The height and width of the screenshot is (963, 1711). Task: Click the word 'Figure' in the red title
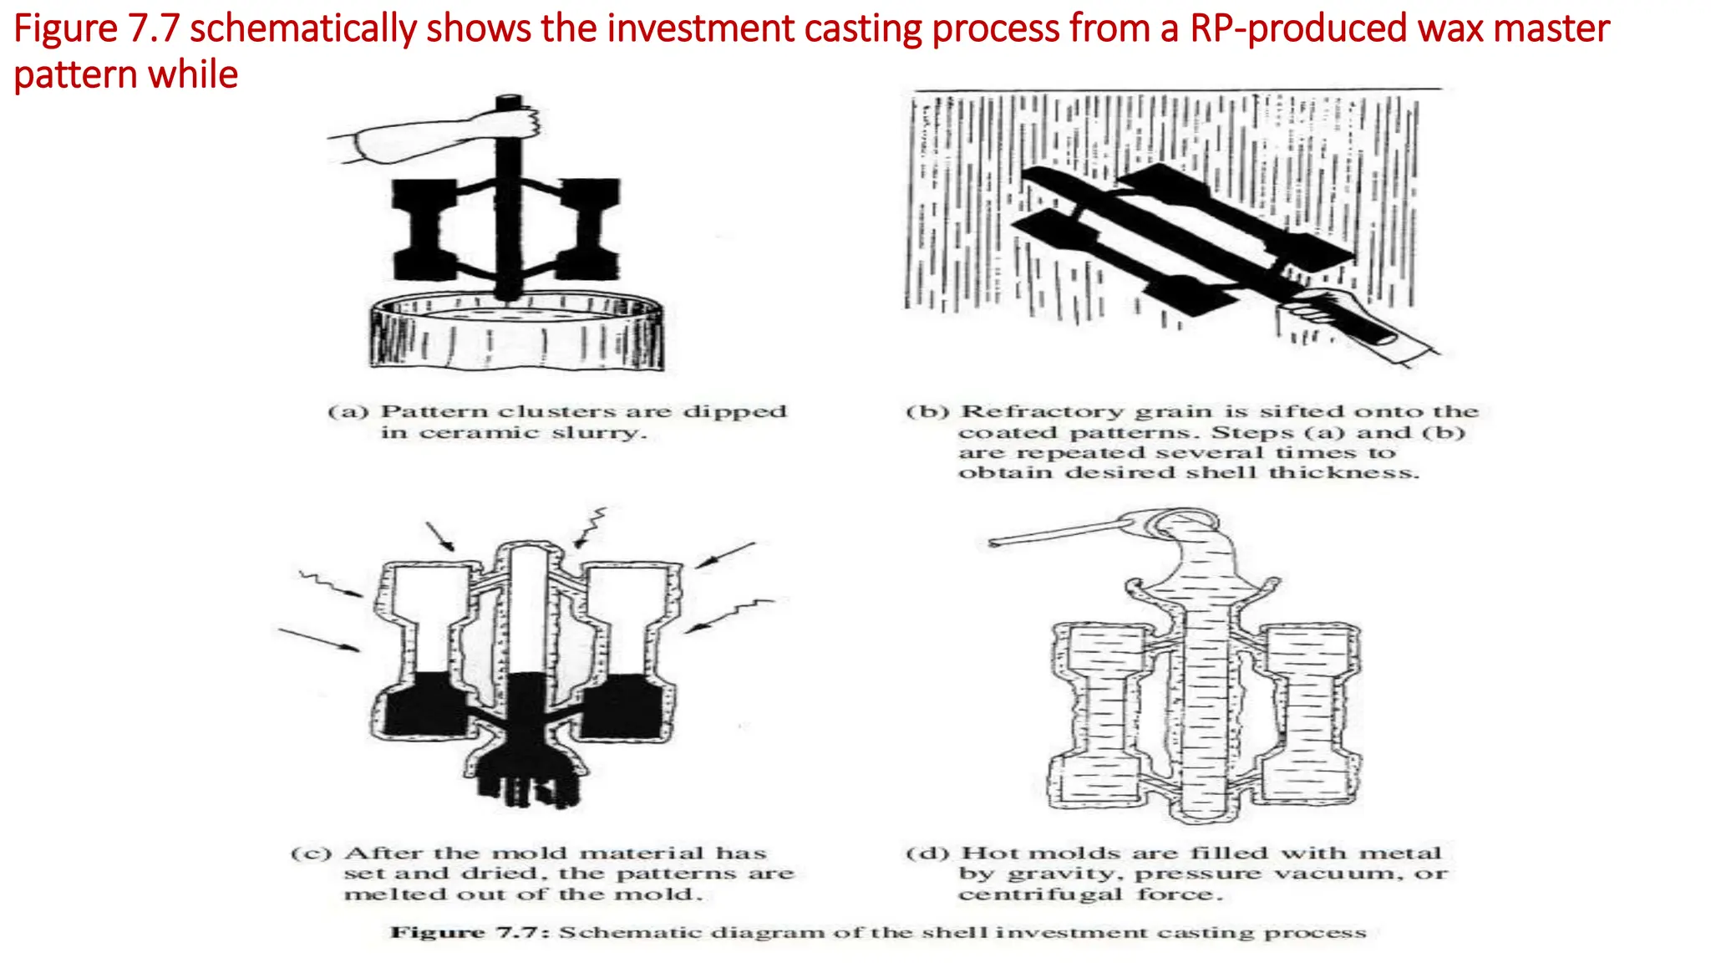[66, 29]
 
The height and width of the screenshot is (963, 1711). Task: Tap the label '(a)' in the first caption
[348, 412]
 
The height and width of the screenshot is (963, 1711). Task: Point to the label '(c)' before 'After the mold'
[312, 853]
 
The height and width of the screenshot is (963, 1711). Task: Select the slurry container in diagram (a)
[517, 334]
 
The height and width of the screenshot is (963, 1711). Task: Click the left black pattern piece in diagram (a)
[424, 230]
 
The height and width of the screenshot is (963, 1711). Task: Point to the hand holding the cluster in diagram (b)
[1345, 313]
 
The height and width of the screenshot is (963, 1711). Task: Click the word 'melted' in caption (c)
[380, 894]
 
